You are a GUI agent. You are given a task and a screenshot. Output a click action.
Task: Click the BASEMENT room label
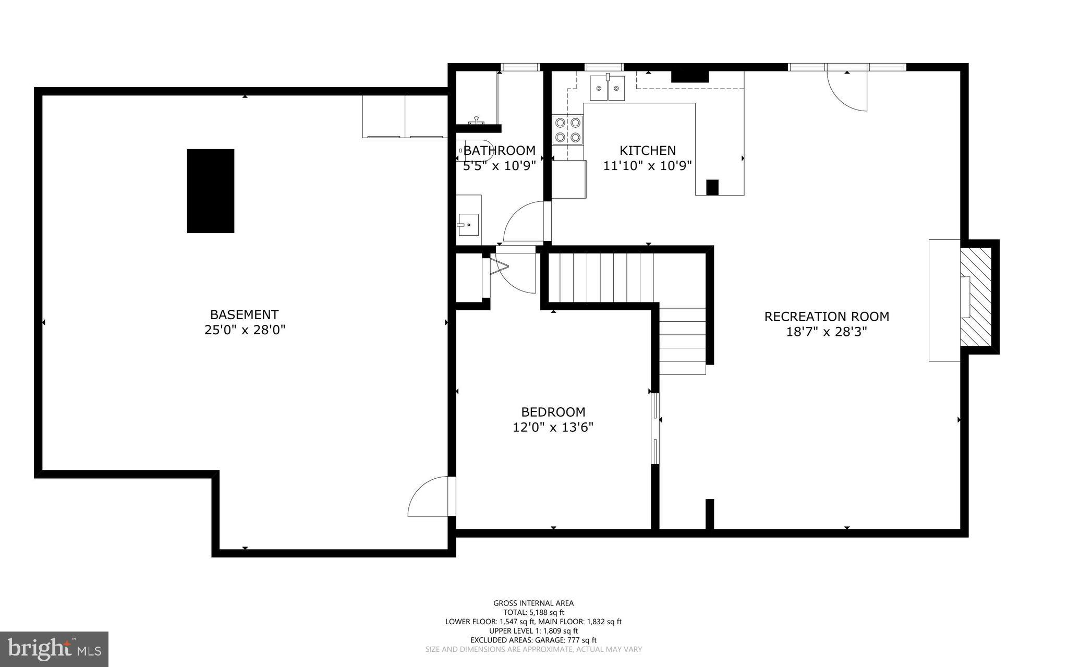pos(244,314)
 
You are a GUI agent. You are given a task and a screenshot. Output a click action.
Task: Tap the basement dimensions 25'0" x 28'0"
pos(245,330)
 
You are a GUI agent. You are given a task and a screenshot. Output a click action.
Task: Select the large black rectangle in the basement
pos(211,191)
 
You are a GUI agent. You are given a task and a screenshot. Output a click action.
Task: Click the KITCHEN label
pos(647,150)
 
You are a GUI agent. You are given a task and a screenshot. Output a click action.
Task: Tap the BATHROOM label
pos(499,150)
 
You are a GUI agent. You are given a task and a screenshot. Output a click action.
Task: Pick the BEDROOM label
pos(553,412)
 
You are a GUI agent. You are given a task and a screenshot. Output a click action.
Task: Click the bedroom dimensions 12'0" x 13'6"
pos(553,428)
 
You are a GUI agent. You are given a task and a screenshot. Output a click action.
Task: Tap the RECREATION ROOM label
pos(827,316)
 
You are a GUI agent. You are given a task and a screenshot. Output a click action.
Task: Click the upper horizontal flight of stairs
pos(600,277)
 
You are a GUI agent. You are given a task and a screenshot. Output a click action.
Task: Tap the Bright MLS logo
pos(54,649)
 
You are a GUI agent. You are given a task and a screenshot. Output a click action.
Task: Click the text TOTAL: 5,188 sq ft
pos(533,613)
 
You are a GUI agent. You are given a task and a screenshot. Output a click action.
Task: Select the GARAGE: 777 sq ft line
pos(533,640)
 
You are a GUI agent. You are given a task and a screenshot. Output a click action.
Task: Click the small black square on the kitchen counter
pos(712,187)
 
